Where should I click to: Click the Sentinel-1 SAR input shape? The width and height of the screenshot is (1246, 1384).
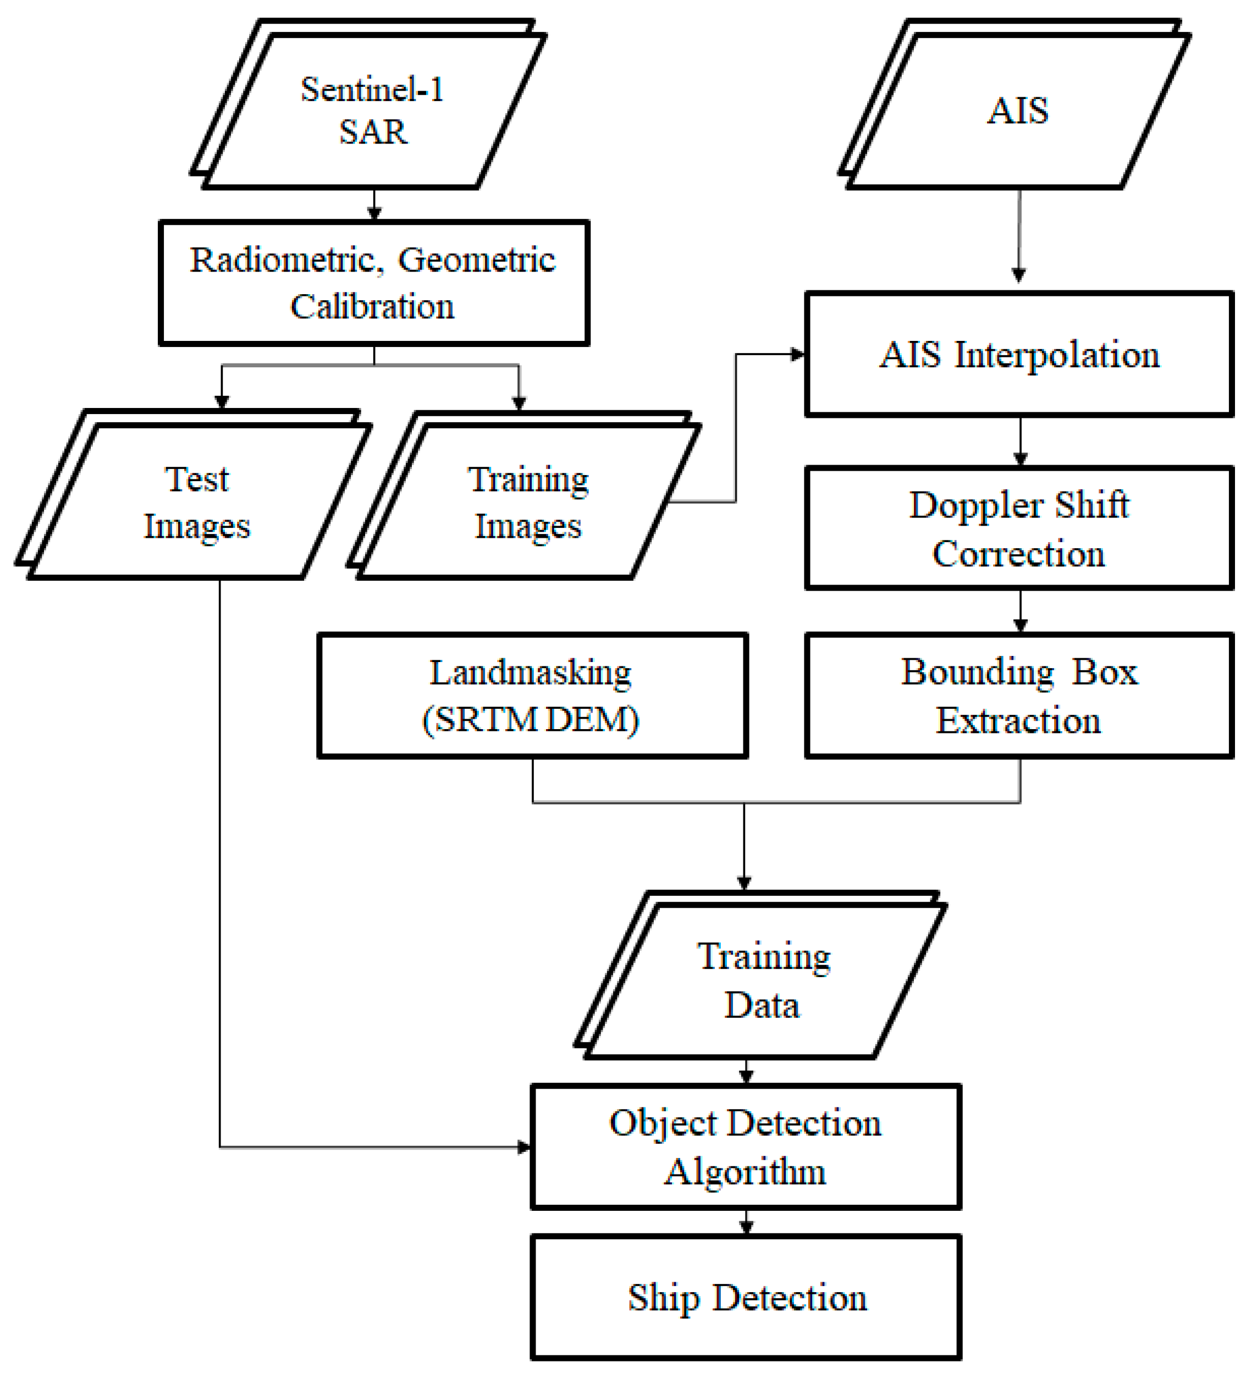[x=373, y=111]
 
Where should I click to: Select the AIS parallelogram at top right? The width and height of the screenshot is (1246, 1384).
[x=1018, y=111]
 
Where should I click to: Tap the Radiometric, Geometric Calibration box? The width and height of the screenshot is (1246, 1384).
[x=374, y=283]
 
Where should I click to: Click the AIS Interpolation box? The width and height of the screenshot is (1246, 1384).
[x=1019, y=355]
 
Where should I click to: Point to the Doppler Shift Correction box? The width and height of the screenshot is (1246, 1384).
[x=1019, y=528]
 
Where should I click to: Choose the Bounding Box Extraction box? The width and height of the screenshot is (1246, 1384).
[x=1019, y=696]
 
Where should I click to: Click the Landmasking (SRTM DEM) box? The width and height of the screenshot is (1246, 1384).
[x=532, y=696]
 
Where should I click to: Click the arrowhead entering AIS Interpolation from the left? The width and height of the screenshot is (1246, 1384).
[x=797, y=355]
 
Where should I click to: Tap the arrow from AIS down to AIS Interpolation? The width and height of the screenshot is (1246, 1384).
[x=1019, y=236]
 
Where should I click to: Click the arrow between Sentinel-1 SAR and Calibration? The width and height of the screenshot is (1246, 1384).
[x=374, y=205]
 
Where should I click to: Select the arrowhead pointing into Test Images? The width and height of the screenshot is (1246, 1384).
[x=222, y=401]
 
